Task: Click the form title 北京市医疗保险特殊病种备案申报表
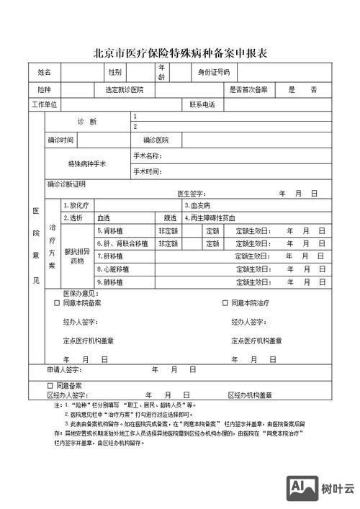(181, 53)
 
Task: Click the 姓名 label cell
(45, 73)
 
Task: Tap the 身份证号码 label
(214, 73)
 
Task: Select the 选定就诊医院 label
(124, 90)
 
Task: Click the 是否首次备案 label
(248, 90)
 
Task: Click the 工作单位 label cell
(45, 105)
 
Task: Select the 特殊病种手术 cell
(87, 164)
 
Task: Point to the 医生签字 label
(192, 194)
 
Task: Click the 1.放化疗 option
(76, 205)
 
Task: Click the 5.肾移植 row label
(112, 231)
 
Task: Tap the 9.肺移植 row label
(112, 282)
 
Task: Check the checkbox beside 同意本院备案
(58, 304)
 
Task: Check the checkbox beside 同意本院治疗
(225, 304)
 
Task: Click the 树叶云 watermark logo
(322, 490)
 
